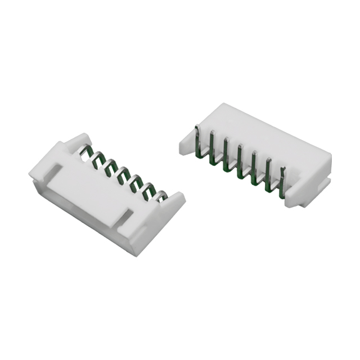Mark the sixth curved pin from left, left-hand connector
pyautogui.click(x=149, y=188)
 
